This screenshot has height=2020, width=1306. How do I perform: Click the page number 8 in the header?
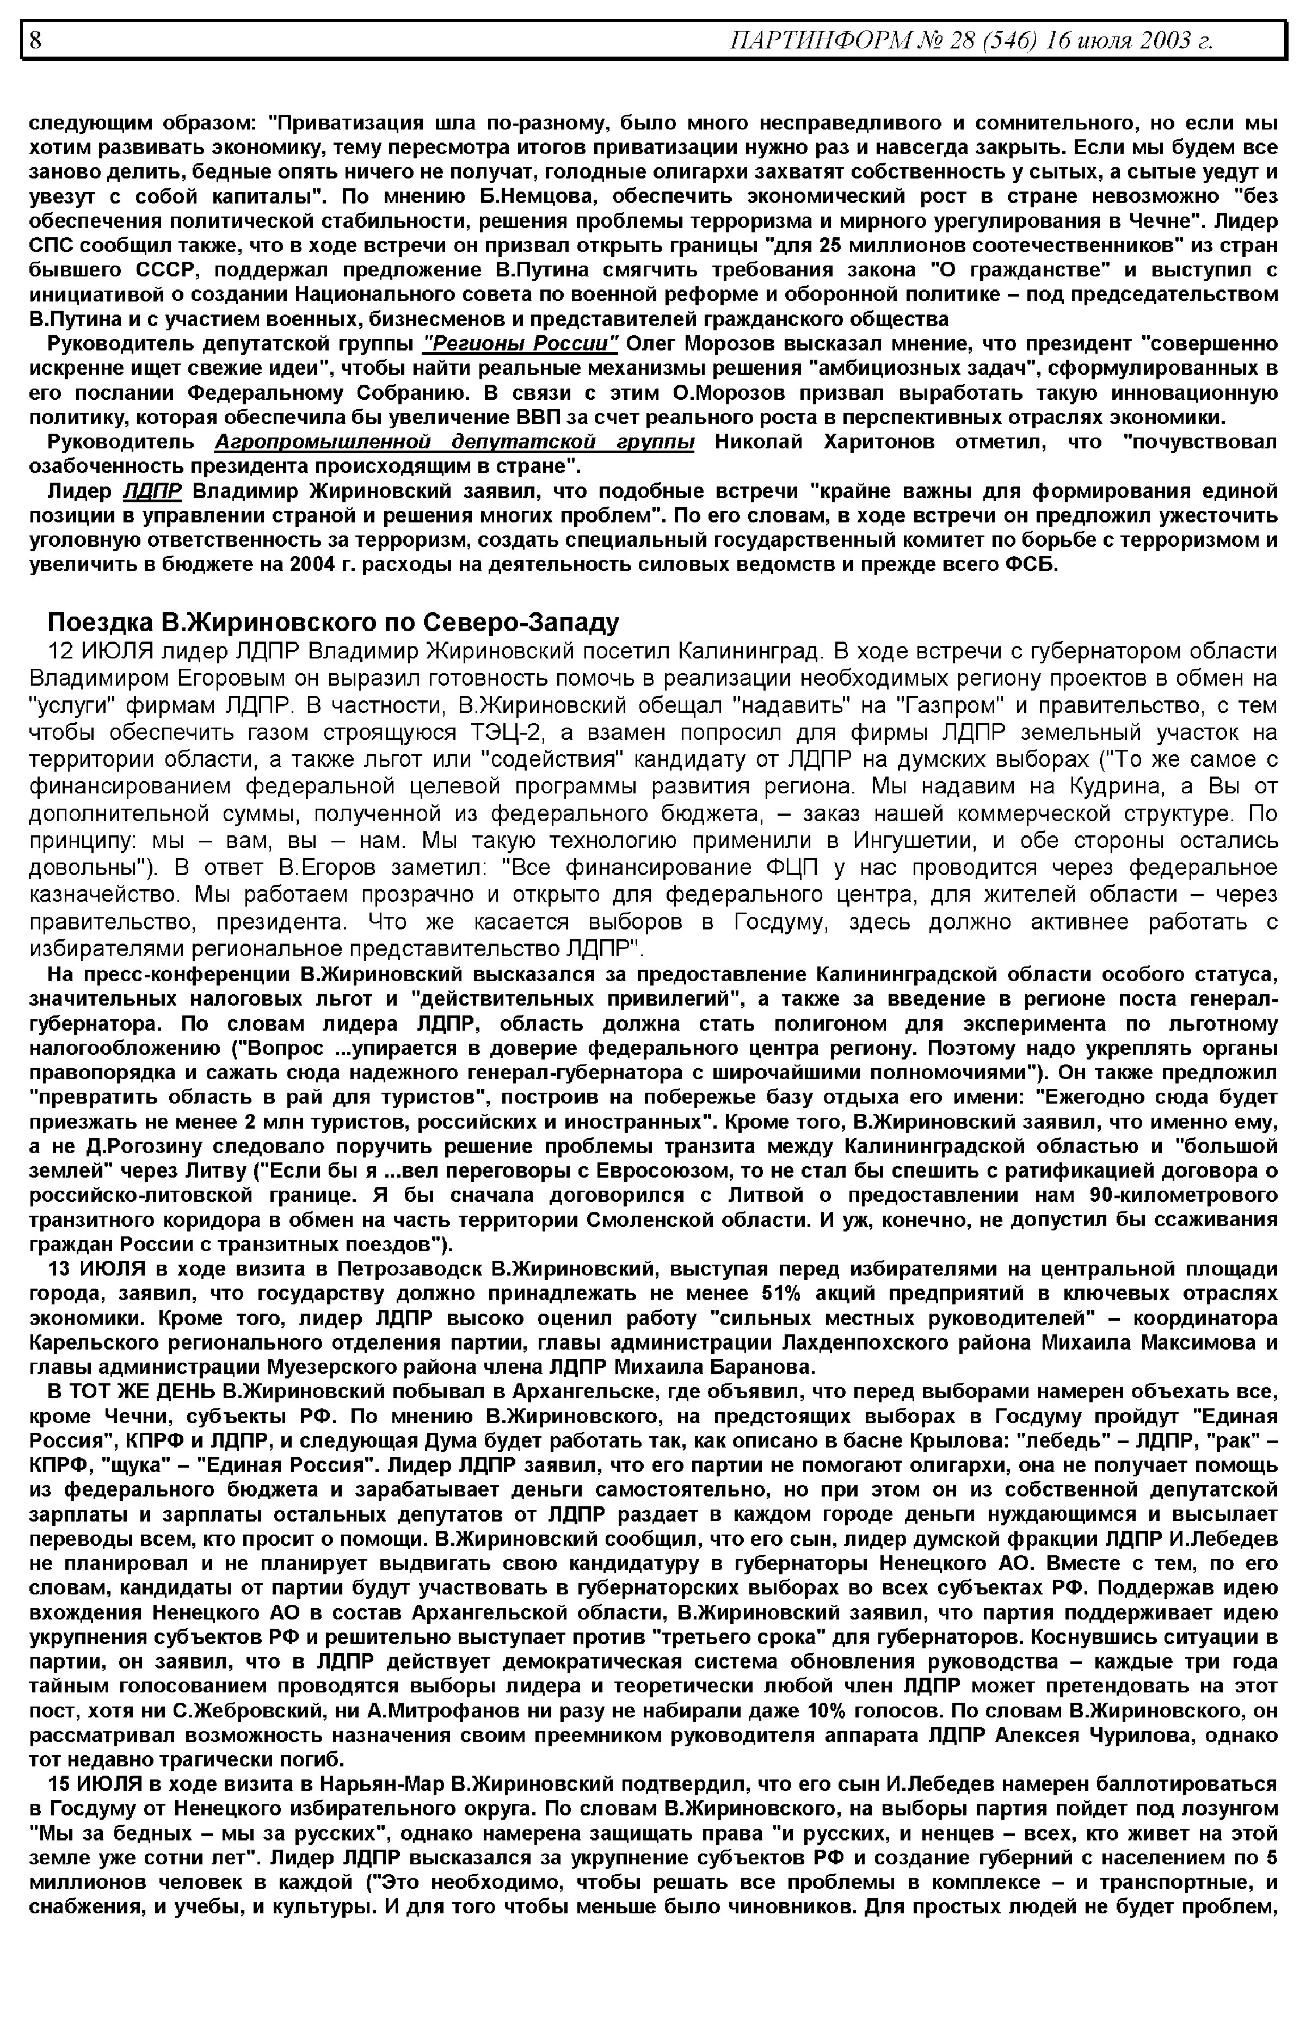tap(35, 40)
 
